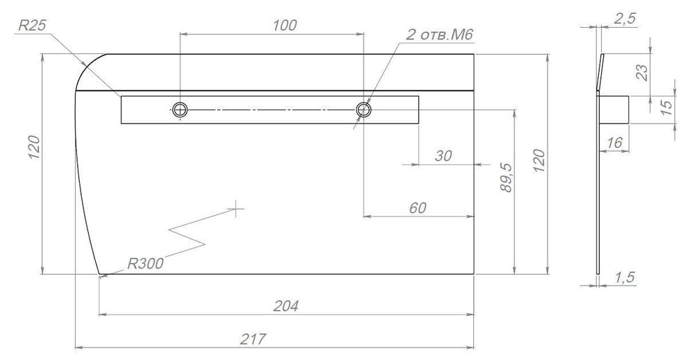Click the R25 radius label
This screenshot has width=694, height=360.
pos(32,26)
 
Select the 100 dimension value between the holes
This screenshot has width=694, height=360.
pos(285,25)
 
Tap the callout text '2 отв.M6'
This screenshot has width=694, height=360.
pos(434,35)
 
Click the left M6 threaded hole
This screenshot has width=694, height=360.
pos(180,109)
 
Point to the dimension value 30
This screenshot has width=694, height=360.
pos(443,156)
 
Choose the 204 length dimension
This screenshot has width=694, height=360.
pos(287,306)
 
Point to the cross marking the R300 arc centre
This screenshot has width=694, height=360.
pos(237,207)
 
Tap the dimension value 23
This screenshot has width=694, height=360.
pos(642,71)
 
